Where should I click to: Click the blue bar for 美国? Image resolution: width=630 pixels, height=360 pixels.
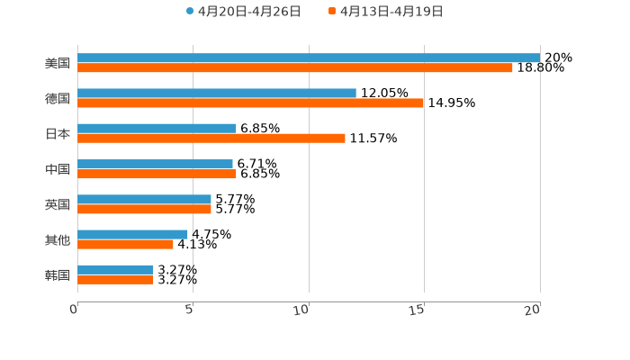tap(309, 58)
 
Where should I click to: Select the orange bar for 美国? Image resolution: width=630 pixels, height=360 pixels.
tap(295, 67)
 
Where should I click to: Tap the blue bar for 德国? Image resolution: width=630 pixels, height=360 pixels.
tap(217, 93)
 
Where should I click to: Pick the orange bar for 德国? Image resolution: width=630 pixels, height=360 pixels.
tap(250, 103)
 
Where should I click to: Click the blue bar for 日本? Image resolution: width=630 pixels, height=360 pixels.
tap(157, 128)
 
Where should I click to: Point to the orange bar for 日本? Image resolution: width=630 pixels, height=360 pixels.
tap(211, 138)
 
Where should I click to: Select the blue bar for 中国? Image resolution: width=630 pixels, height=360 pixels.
tap(155, 164)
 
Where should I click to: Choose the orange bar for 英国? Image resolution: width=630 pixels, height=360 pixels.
tap(144, 209)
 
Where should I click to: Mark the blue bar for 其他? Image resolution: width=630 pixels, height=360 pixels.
tap(132, 234)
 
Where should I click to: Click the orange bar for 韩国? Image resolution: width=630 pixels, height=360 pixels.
tap(115, 280)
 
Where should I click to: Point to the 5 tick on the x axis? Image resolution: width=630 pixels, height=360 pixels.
tap(190, 309)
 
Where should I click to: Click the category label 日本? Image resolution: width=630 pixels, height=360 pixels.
tap(58, 133)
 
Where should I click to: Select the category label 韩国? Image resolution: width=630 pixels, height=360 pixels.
tap(58, 274)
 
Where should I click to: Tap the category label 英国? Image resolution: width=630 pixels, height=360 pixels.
tap(58, 204)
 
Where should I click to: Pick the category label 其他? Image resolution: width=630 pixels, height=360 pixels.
tap(58, 239)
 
